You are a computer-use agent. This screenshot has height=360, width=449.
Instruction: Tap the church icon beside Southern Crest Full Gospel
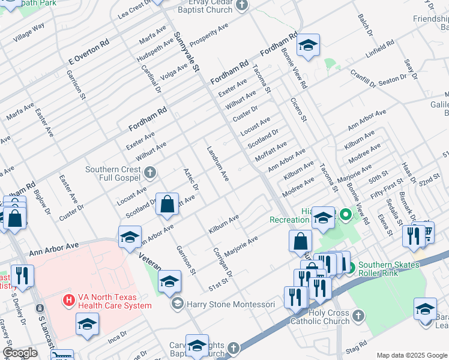click(x=150, y=173)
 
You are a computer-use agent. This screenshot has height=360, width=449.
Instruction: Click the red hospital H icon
click(x=69, y=298)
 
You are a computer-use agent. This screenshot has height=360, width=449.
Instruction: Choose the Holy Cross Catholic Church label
click(x=327, y=317)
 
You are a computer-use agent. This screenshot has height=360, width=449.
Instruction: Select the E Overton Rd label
click(x=89, y=52)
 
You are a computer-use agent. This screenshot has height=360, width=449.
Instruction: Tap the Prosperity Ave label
click(x=209, y=36)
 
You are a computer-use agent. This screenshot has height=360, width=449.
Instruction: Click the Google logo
click(x=20, y=353)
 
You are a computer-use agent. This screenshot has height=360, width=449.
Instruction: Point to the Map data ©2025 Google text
click(x=411, y=355)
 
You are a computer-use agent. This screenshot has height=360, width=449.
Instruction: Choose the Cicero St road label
click(x=298, y=110)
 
